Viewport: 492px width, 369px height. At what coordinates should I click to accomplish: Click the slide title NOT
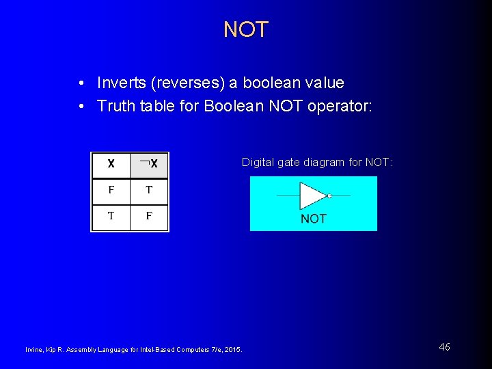coord(246,29)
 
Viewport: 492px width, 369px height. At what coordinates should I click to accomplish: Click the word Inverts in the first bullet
coord(119,83)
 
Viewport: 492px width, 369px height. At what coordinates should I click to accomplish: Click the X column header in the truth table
coord(111,164)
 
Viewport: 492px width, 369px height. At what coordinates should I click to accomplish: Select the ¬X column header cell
coord(149,164)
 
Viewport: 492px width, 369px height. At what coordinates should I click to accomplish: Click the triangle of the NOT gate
coord(312,196)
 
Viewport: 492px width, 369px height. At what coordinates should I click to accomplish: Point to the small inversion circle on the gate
coord(329,196)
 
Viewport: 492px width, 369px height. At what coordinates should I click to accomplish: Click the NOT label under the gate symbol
coord(314,219)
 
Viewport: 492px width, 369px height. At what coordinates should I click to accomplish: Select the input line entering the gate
coord(287,196)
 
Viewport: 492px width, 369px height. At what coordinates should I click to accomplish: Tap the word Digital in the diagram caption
coord(257,163)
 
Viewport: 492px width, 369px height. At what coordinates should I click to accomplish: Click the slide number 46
coord(444,347)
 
